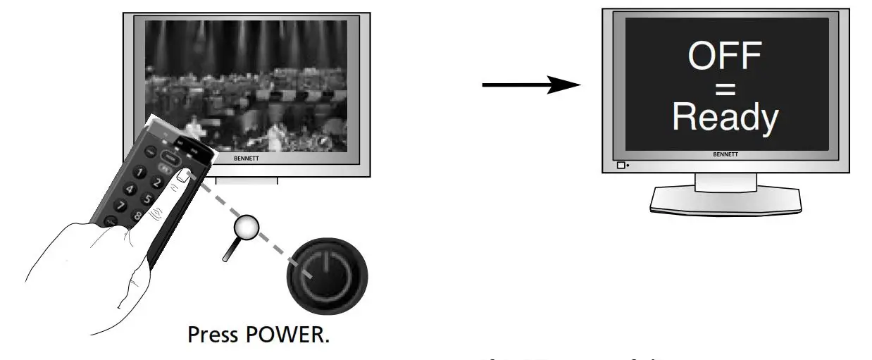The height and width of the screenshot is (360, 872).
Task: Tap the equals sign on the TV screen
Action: (724, 89)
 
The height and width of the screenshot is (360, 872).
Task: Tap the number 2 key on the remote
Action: (158, 183)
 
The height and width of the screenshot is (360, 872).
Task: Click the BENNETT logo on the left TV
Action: (247, 159)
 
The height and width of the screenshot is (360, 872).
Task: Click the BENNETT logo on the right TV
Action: (725, 154)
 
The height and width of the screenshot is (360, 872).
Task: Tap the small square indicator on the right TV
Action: (621, 166)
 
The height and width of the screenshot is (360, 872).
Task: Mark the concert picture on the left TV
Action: (247, 77)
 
